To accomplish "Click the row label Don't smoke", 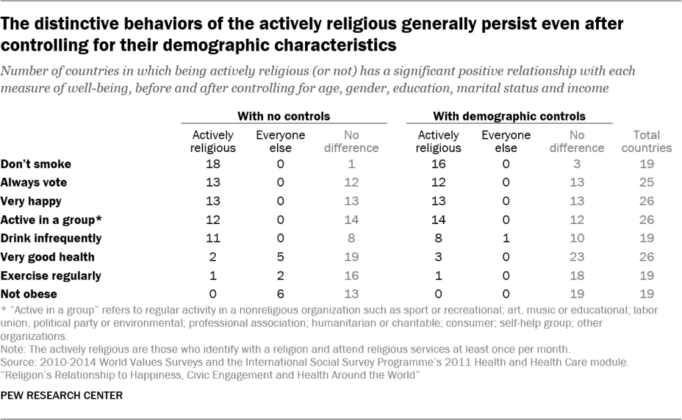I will tap(35, 163).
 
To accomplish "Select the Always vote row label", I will tap(34, 181).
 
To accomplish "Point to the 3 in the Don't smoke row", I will tap(577, 163).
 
